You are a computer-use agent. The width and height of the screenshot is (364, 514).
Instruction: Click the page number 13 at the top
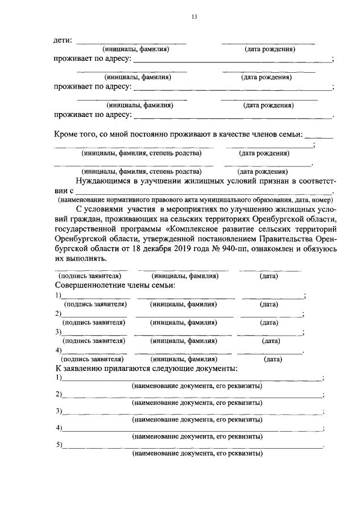(193, 18)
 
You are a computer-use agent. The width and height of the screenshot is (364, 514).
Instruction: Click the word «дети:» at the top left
(63, 40)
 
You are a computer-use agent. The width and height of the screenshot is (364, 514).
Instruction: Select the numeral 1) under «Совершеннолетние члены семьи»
(57, 295)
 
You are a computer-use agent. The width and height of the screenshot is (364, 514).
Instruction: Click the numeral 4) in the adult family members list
(57, 350)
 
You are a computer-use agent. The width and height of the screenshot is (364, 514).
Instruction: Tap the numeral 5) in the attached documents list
(59, 445)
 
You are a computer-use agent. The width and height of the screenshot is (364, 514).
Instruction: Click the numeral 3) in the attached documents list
(59, 411)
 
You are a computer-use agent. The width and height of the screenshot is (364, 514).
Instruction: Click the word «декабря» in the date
(142, 249)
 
